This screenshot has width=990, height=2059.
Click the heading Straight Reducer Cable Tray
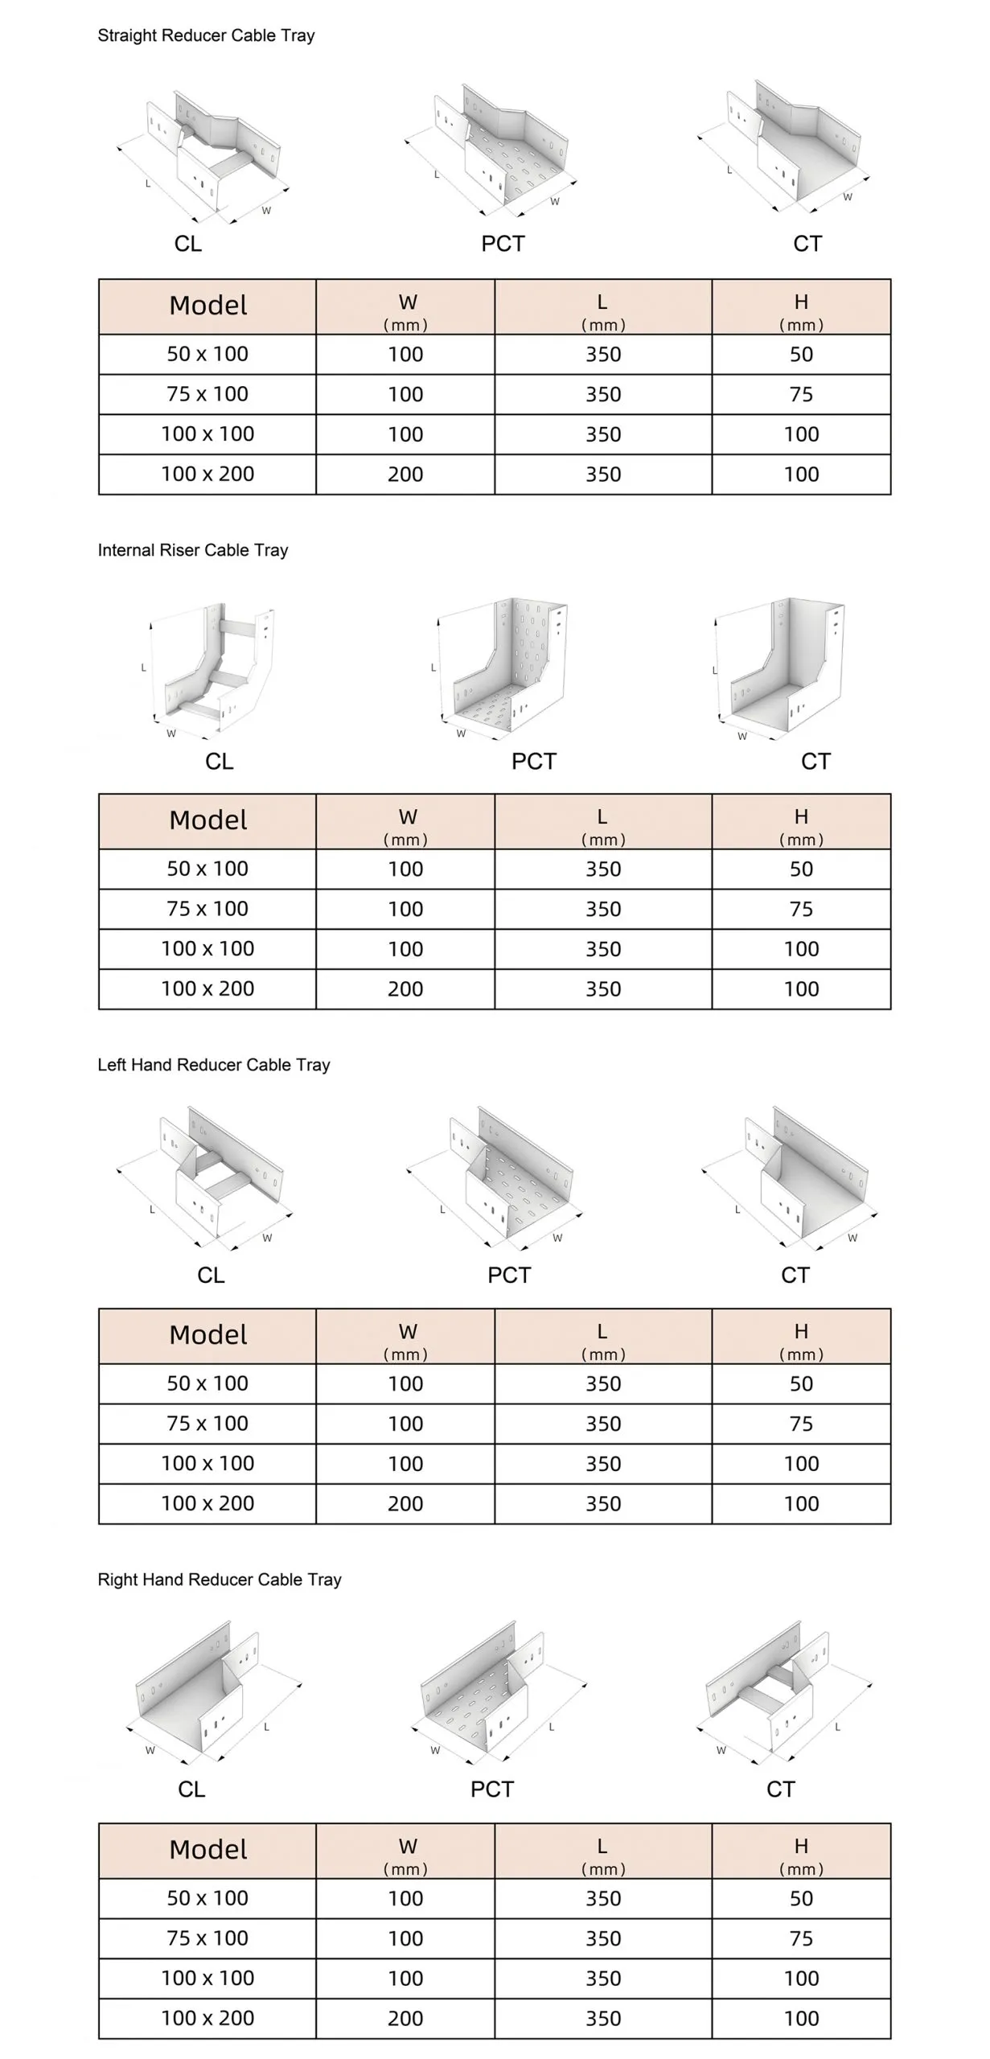coord(206,35)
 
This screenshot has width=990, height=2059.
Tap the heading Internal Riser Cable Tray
coord(193,550)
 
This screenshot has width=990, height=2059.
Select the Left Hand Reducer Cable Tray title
coord(214,1065)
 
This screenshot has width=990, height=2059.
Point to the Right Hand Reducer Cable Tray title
coord(220,1580)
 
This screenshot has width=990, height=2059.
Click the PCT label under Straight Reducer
coord(503,244)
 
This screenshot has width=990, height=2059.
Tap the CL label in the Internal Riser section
coord(219,761)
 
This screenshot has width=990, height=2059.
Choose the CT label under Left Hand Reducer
coord(795,1275)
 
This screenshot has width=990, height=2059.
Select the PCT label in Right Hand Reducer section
coord(491,1789)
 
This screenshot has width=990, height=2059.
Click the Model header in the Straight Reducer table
coord(208,306)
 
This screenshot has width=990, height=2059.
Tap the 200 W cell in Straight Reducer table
coord(405,475)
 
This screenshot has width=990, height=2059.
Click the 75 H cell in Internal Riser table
coord(801,909)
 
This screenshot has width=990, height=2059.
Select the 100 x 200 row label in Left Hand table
coord(207,1503)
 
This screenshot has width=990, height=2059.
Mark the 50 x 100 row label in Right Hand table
coord(207,1898)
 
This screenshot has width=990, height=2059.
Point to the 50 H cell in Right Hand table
coord(801,1898)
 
